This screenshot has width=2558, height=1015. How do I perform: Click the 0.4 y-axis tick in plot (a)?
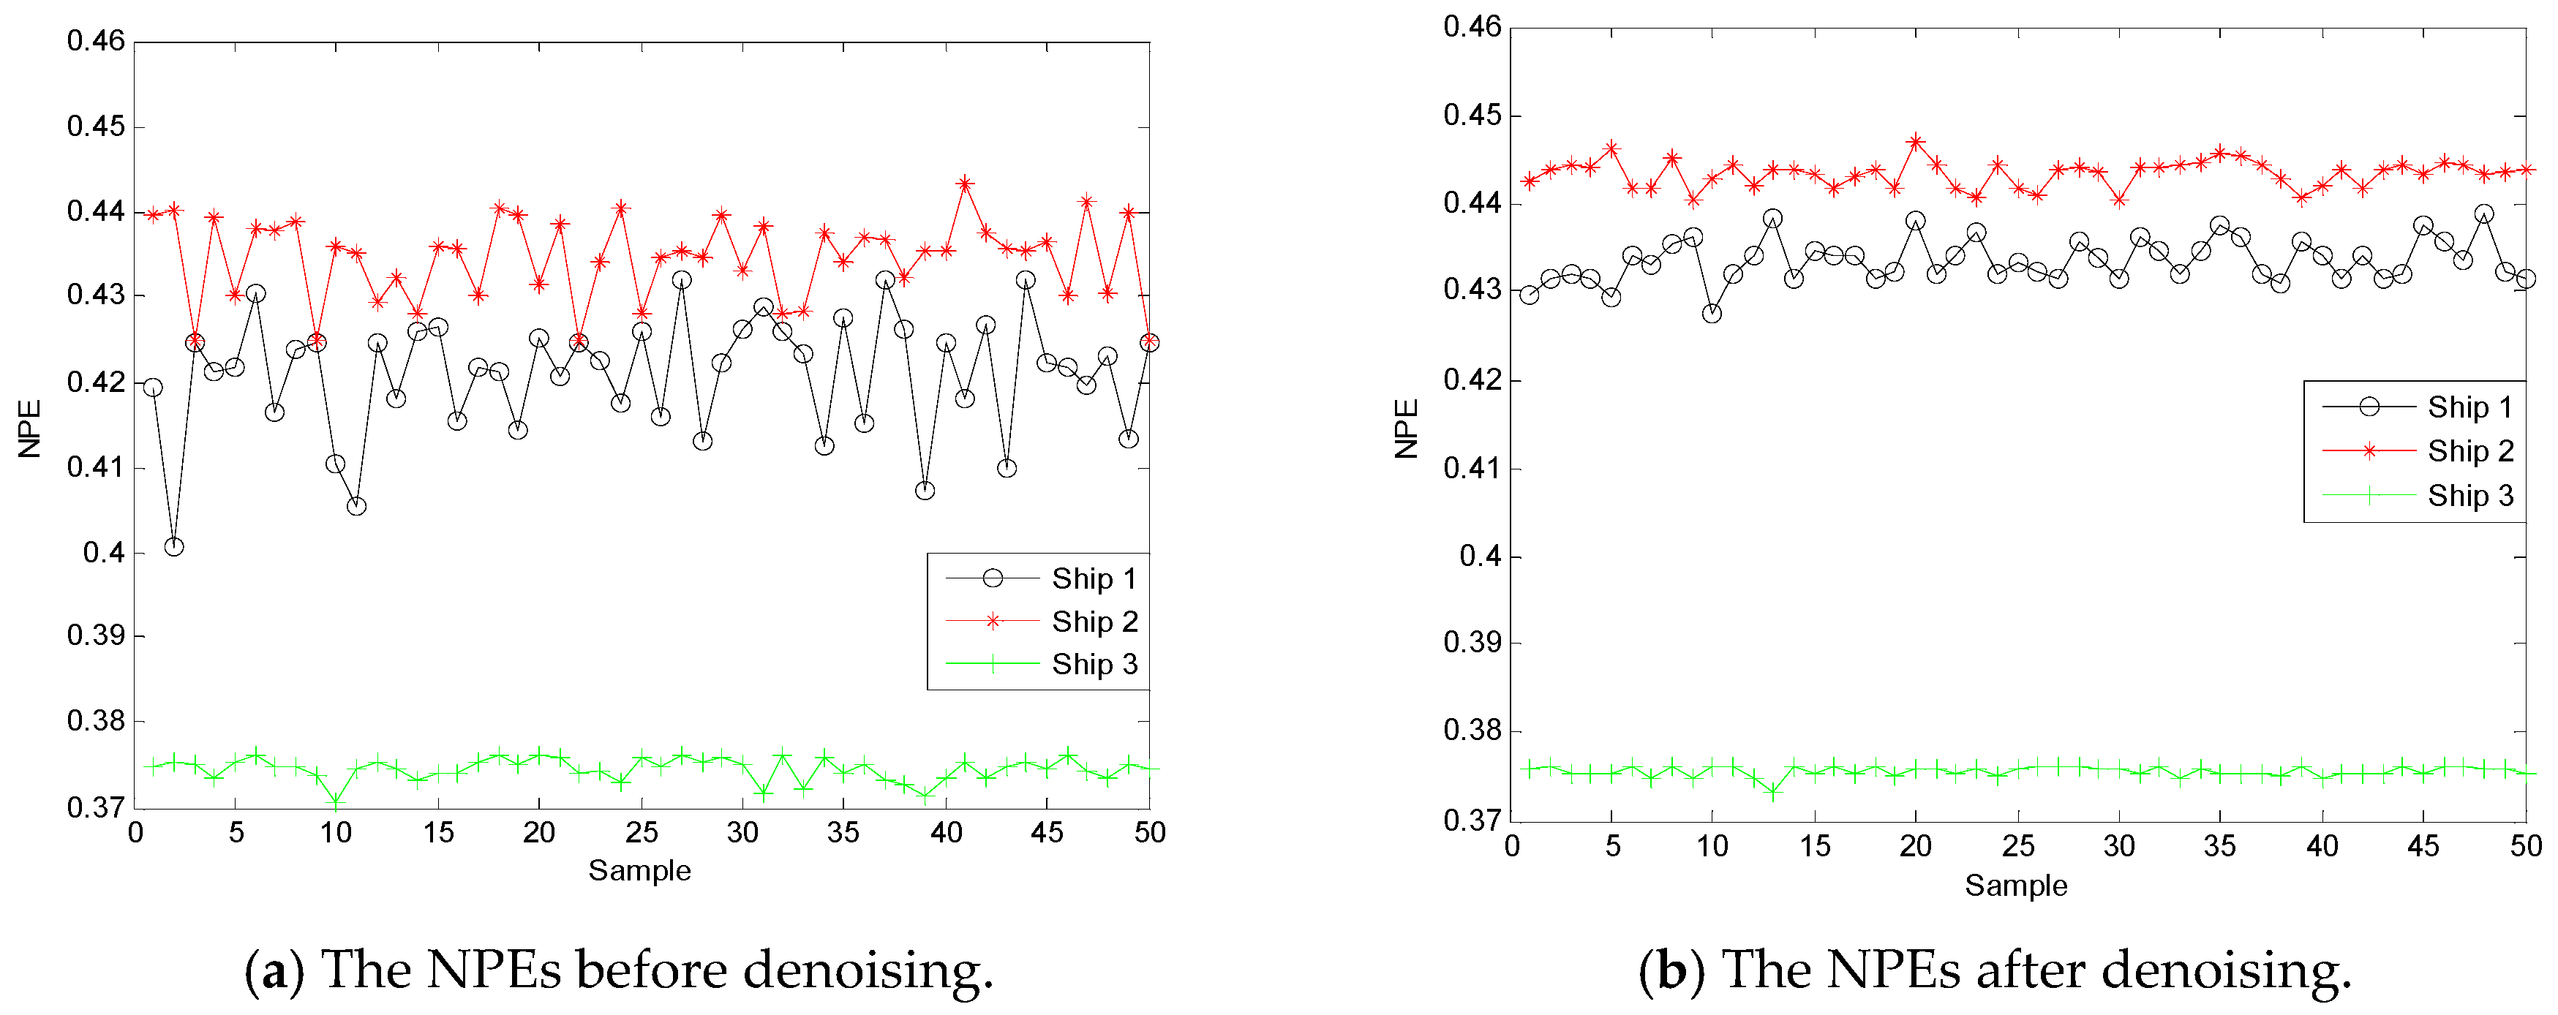point(105,552)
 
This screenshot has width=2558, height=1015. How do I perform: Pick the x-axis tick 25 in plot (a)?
point(642,832)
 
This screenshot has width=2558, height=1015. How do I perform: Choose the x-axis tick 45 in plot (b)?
point(2422,846)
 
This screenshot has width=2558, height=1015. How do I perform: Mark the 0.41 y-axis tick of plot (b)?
point(1472,468)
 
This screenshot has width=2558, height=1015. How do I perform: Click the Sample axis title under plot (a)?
point(639,871)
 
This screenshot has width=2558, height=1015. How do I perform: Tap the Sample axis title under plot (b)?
point(2016,886)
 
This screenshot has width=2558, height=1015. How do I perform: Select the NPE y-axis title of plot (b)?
point(1406,429)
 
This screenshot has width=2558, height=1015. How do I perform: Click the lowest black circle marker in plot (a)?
point(174,546)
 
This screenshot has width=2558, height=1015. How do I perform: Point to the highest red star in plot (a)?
point(964,184)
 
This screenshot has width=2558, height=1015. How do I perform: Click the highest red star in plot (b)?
point(1916,142)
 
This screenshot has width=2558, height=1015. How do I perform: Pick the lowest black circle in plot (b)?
point(1712,313)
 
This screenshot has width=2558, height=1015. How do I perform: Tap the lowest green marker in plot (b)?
point(1774,793)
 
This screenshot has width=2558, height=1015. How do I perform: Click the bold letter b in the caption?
point(1671,970)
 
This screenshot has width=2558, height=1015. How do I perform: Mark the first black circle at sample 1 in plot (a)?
point(153,388)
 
